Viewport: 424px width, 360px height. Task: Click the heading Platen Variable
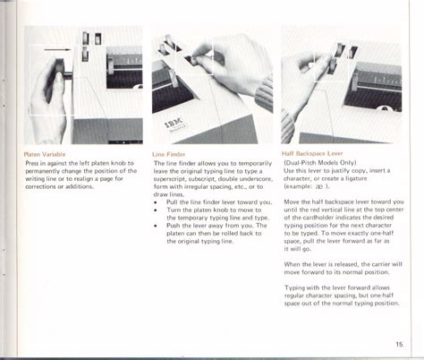45,154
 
